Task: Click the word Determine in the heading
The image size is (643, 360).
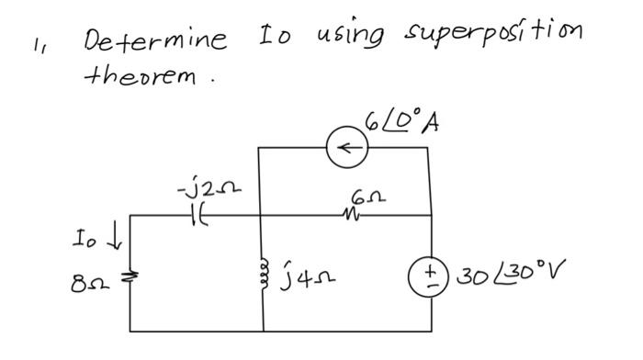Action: click(155, 40)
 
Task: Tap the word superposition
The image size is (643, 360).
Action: click(494, 36)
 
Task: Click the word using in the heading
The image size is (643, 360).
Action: click(352, 39)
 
